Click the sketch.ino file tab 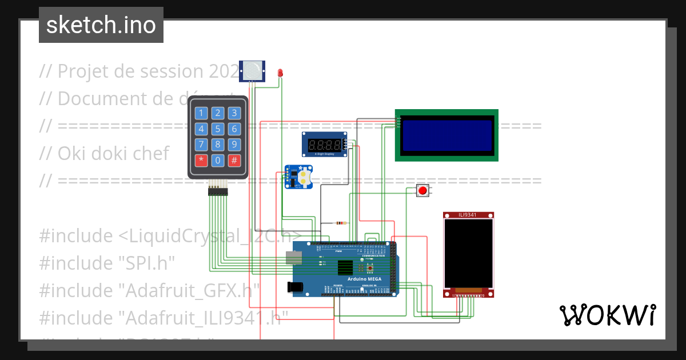[x=101, y=25]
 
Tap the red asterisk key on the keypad [x=201, y=161]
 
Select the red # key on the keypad [x=234, y=161]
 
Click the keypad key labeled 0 [x=218, y=161]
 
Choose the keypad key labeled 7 [x=201, y=145]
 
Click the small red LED [x=280, y=73]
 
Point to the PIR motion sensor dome [x=252, y=71]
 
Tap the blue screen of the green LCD [x=446, y=135]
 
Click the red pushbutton [x=422, y=190]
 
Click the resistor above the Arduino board [x=341, y=223]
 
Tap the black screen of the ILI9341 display [x=468, y=253]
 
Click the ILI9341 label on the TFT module [x=468, y=215]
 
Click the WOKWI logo [x=607, y=315]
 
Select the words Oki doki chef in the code [x=113, y=153]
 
